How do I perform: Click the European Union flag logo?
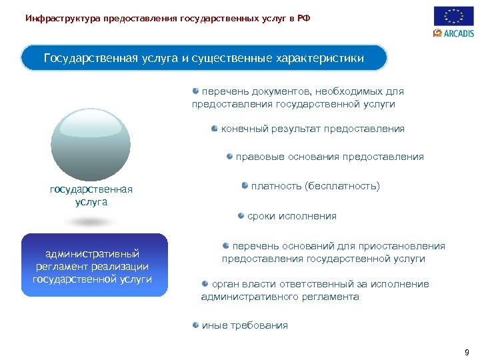tap(454, 16)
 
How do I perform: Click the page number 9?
tap(467, 352)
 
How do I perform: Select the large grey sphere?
tap(91, 144)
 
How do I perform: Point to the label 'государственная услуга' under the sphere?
tap(91, 195)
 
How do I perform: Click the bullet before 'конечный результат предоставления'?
tap(215, 128)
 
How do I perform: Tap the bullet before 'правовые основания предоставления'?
tap(229, 156)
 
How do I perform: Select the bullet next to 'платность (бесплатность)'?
tap(245, 185)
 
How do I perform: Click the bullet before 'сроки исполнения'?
tap(241, 215)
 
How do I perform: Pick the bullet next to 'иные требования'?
tap(196, 325)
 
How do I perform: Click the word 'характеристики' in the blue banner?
tap(319, 59)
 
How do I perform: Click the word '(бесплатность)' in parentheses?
tap(342, 186)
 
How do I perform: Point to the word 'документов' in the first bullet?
tap(284, 91)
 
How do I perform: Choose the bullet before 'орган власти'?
tap(205, 283)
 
